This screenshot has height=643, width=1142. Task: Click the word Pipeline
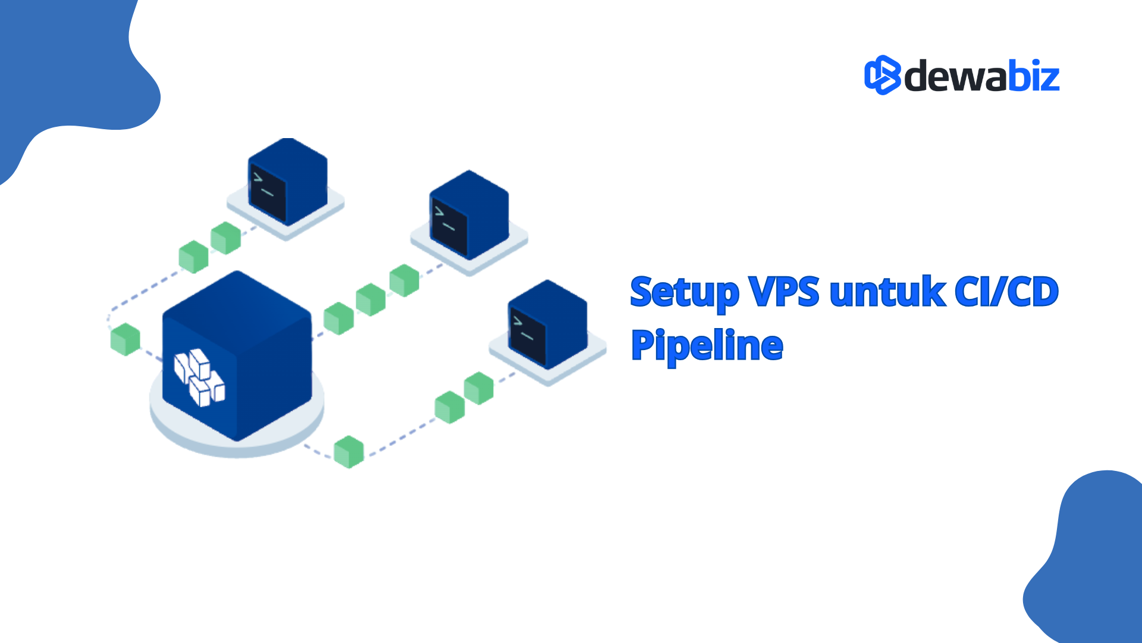pyautogui.click(x=707, y=347)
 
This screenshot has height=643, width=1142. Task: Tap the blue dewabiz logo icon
pyautogui.click(x=882, y=76)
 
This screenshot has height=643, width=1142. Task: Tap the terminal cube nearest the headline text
pyautogui.click(x=548, y=324)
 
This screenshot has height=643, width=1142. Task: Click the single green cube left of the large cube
pyautogui.click(x=126, y=339)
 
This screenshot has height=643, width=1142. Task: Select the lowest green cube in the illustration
pyautogui.click(x=349, y=452)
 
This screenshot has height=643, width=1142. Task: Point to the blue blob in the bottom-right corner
pyautogui.click(x=1094, y=566)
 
